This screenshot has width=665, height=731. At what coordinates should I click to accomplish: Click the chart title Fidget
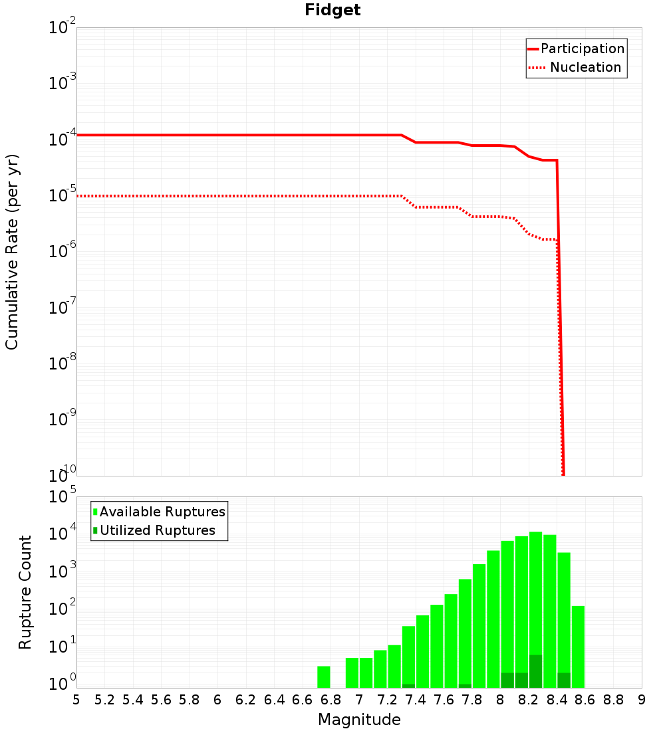point(332,11)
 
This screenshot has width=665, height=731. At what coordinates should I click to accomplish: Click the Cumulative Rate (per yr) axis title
point(12,252)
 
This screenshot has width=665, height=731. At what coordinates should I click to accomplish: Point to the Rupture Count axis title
point(25,592)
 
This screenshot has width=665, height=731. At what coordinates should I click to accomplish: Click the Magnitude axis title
point(359,720)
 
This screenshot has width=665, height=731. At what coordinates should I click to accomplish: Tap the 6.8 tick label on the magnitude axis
point(331,700)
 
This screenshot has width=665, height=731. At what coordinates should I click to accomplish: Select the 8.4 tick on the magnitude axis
point(557,700)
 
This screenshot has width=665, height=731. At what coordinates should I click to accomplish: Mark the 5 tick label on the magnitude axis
point(76,700)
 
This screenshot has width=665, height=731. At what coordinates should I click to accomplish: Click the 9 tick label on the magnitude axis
point(642,700)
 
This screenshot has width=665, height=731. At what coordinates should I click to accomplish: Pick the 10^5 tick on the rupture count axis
point(63,497)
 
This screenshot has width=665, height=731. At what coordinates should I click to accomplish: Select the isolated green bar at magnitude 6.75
point(324,677)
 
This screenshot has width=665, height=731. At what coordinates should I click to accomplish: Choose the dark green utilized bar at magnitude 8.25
point(536,671)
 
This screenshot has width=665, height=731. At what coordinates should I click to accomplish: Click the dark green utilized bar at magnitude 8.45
point(564,680)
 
